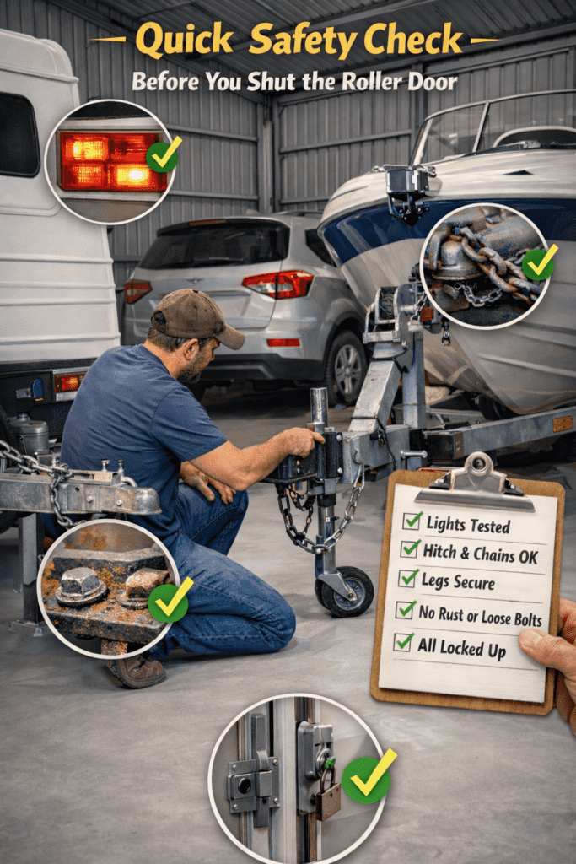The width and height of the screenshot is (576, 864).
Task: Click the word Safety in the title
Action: (302, 40)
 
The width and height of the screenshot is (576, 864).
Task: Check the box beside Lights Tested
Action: (412, 520)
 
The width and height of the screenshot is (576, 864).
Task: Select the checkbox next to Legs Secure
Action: (408, 578)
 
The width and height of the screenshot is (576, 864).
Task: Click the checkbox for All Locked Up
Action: (404, 642)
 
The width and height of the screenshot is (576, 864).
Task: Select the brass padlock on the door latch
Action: (328, 793)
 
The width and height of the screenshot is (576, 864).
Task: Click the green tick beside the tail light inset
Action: (164, 155)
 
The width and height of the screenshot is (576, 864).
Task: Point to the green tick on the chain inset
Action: (539, 263)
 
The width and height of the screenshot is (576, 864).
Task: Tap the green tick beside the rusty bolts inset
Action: (169, 601)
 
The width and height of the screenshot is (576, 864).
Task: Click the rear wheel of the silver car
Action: (347, 368)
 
